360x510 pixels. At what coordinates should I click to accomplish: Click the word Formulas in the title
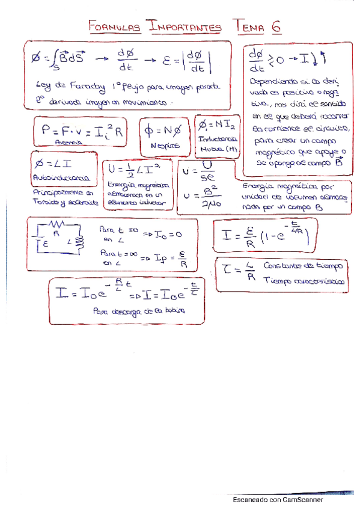pos(114,26)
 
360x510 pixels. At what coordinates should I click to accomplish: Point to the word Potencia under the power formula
pos(67,143)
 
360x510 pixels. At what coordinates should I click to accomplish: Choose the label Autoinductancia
pos(63,178)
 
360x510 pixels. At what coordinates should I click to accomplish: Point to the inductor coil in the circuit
pos(78,242)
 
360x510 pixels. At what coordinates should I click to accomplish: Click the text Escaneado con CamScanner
pos(278,500)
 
